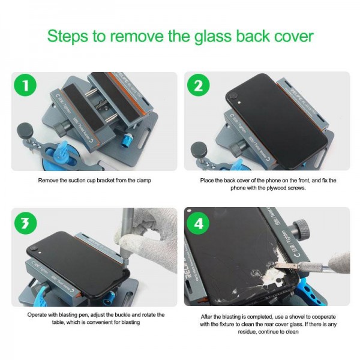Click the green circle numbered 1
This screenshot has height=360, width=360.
[25, 86]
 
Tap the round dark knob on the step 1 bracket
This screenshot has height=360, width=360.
[26, 129]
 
